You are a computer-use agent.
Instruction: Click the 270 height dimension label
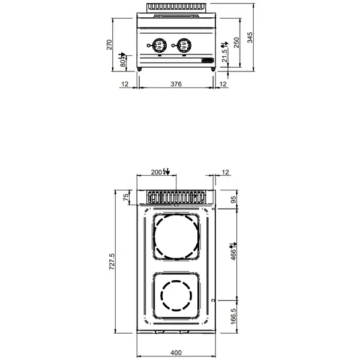[109, 45]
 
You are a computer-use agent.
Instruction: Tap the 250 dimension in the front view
[236, 43]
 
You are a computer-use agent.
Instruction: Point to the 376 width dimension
[176, 85]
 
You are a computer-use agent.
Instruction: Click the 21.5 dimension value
[224, 55]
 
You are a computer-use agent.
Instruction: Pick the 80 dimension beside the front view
[123, 59]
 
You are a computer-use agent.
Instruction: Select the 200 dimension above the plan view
[157, 172]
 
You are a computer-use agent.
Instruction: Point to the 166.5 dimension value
[233, 316]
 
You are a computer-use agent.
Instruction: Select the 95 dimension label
[233, 200]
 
